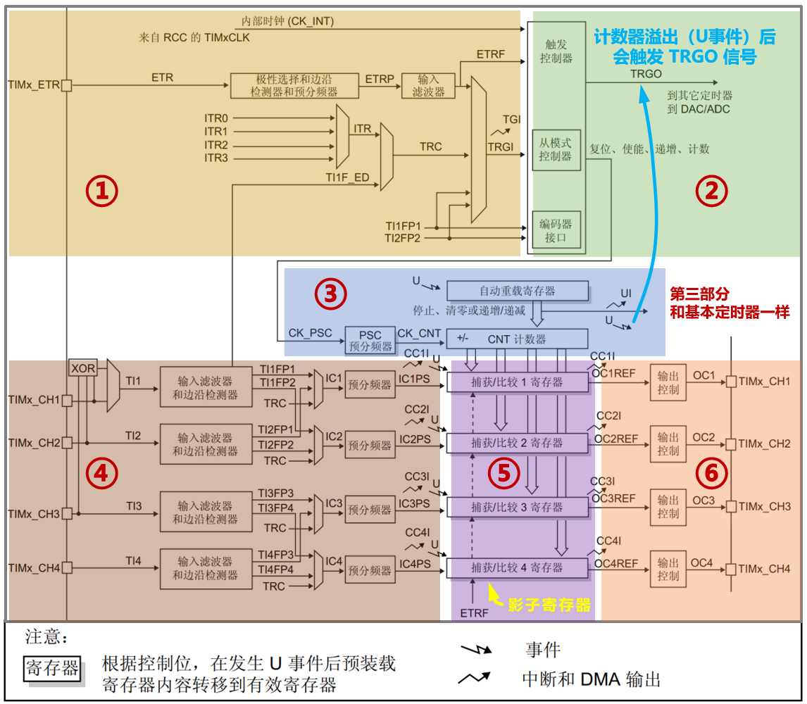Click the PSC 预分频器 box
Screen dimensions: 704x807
tap(370, 339)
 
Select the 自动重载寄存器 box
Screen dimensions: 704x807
tap(518, 291)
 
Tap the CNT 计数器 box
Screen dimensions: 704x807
tap(518, 339)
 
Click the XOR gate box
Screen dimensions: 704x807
tap(82, 367)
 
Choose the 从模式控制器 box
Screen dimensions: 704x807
tap(556, 149)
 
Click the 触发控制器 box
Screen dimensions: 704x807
tap(556, 51)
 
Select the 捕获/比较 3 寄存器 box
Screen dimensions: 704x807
tap(518, 506)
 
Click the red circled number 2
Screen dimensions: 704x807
tap(711, 191)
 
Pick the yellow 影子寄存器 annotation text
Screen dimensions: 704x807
tap(549, 605)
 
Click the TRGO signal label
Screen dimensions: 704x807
tap(646, 73)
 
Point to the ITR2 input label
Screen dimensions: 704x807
tap(216, 145)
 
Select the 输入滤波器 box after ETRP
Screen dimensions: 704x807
tap(428, 85)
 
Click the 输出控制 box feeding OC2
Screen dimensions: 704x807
tap(668, 444)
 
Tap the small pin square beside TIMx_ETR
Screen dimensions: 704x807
tap(66, 85)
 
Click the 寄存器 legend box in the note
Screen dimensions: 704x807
tap(52, 667)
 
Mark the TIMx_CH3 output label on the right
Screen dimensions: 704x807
tap(765, 506)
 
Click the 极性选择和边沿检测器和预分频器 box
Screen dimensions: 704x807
tap(294, 85)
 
